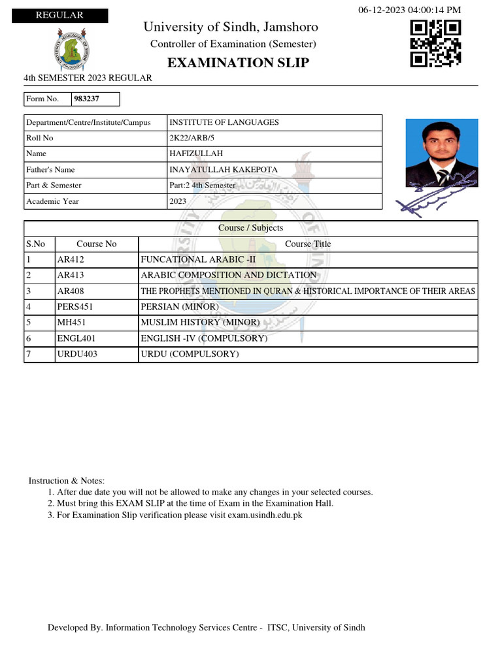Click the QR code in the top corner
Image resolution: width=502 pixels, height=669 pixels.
(x=435, y=43)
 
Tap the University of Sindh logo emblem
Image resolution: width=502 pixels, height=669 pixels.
(x=72, y=51)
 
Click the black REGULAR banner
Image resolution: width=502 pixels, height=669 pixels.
(x=59, y=16)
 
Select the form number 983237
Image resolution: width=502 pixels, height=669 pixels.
(x=87, y=99)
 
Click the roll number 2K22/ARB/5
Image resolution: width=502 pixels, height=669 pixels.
(x=192, y=138)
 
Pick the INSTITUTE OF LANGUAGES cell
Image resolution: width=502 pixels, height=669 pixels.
(x=224, y=122)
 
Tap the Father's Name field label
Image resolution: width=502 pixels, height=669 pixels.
(x=50, y=170)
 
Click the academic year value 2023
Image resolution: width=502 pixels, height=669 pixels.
(x=178, y=201)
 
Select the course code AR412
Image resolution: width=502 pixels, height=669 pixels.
(x=71, y=259)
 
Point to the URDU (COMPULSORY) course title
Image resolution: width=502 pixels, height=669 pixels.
(x=190, y=354)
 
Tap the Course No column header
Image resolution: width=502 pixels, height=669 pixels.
(x=97, y=244)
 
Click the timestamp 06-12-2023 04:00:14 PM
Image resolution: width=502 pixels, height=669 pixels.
(x=410, y=9)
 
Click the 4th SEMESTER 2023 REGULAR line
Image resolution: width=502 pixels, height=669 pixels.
(x=88, y=78)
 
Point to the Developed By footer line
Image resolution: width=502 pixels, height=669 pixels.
(x=207, y=627)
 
